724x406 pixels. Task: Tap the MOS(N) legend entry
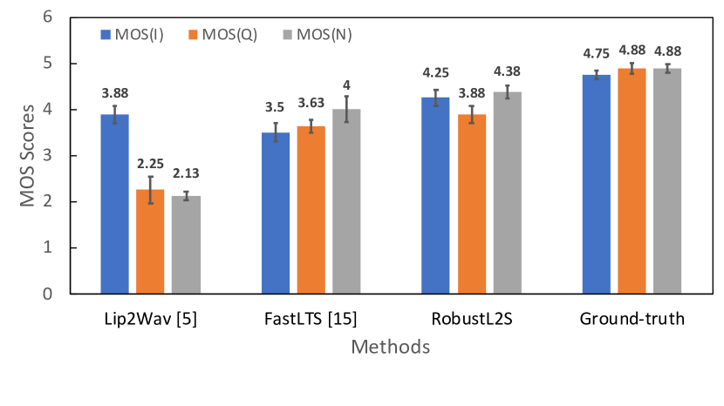click(x=311, y=35)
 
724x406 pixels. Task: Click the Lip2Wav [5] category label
click(x=150, y=319)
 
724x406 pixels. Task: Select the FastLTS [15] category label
click(x=311, y=319)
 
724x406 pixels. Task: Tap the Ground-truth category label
click(x=632, y=319)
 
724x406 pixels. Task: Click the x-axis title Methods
click(x=391, y=348)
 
